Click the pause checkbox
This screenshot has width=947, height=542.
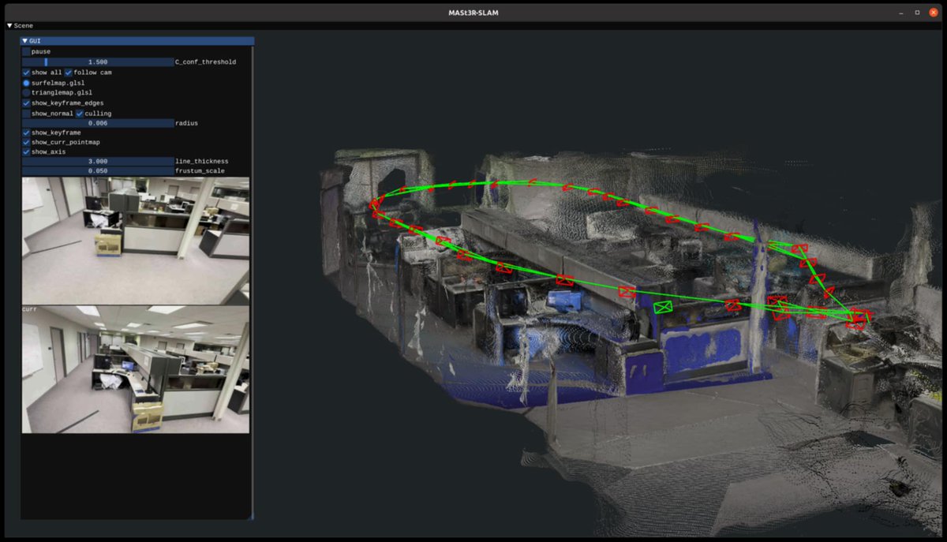26,51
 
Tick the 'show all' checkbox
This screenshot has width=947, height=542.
26,73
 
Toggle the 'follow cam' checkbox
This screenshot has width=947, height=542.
69,73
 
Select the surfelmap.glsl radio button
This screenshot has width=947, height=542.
26,83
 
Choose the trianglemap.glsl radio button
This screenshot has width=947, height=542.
26,92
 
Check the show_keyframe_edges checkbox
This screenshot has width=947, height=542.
26,103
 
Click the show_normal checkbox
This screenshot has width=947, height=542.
26,114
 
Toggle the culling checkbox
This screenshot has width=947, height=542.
80,114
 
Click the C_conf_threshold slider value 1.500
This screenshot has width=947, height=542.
98,62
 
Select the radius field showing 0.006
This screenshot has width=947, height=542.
98,123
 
